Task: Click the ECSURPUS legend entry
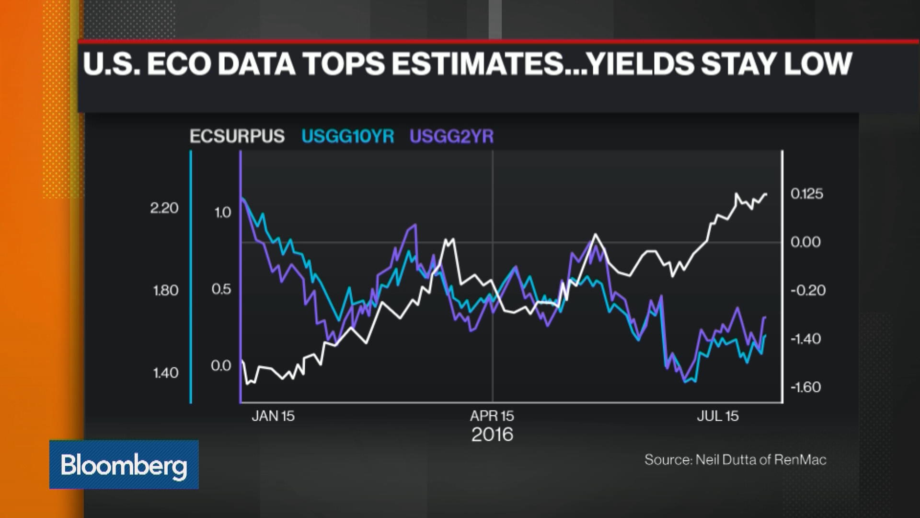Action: [237, 137]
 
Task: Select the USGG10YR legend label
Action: [347, 137]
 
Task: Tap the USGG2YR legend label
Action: [451, 137]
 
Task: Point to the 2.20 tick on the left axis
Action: [164, 208]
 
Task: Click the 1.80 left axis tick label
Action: [165, 291]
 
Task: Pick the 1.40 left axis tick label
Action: [165, 373]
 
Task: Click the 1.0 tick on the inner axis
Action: [222, 212]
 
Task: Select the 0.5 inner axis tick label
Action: [221, 289]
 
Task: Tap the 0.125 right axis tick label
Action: [807, 194]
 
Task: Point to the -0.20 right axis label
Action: [808, 291]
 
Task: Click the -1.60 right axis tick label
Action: [805, 387]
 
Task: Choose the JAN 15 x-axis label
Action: [273, 416]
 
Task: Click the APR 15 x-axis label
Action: [492, 416]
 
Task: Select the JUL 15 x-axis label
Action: [718, 416]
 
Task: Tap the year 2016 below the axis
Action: [492, 435]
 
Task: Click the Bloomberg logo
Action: [124, 465]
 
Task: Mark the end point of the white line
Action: [766, 194]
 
